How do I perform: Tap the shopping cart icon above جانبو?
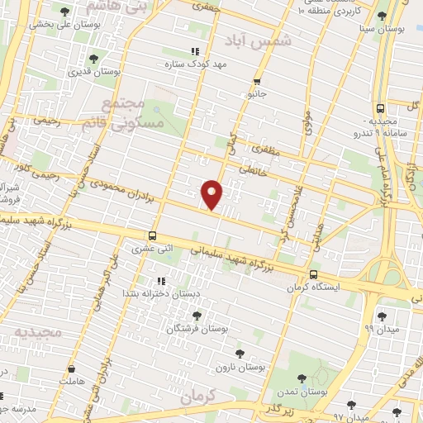pyautogui.click(x=258, y=81)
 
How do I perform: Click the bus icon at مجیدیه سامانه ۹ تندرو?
pyautogui.click(x=380, y=108)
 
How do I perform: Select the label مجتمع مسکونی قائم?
pyautogui.click(x=134, y=116)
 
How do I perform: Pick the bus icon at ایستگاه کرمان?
pyautogui.click(x=312, y=275)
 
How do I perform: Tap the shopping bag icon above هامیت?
pyautogui.click(x=72, y=368)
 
